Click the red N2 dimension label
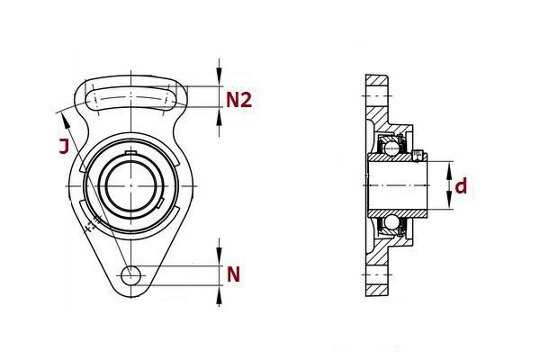coord(238,100)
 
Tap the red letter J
coord(64,146)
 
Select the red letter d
coord(461,186)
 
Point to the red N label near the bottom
coord(233,274)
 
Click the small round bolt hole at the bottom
coord(130,275)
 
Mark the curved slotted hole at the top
coord(130,98)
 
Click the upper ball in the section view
coord(392,148)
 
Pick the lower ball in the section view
coord(391,222)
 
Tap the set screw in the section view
coord(418,156)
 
